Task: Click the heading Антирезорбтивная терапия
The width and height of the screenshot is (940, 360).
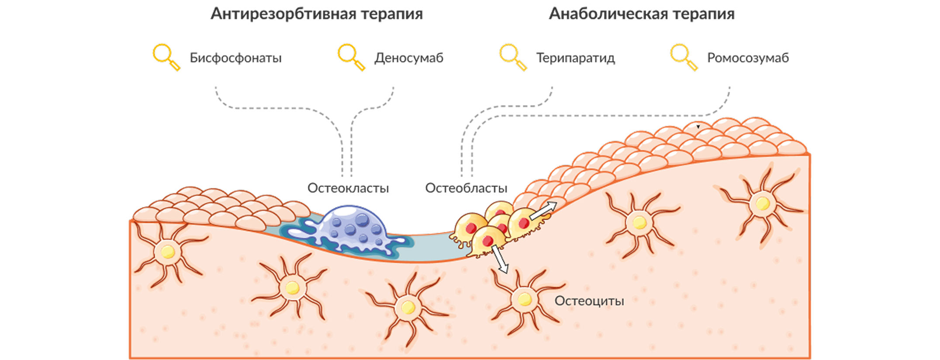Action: tap(317, 14)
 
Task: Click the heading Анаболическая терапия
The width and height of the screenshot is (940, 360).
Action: tap(642, 14)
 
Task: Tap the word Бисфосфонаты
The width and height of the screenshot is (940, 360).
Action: tap(235, 58)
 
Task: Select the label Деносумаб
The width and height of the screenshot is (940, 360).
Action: tap(409, 58)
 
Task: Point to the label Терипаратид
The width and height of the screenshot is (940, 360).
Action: tap(575, 58)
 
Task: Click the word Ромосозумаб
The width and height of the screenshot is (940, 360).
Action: tap(748, 58)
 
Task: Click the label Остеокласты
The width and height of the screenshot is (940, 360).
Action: tap(348, 188)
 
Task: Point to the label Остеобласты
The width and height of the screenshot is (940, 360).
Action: tap(466, 188)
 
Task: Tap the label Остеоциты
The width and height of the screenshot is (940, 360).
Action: tap(589, 301)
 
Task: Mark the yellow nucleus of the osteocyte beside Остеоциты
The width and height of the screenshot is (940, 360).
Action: tap(524, 299)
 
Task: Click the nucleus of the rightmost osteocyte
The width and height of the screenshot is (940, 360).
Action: tap(762, 204)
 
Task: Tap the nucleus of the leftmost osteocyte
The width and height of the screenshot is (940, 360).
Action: tap(167, 252)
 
